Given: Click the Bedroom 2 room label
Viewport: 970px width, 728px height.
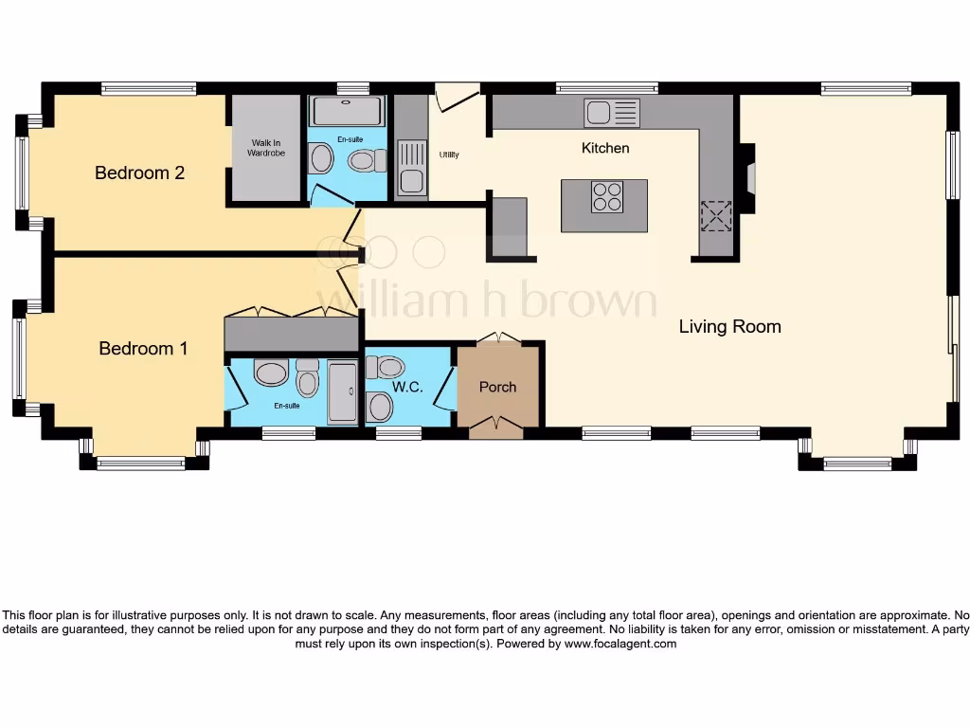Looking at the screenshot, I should [139, 173].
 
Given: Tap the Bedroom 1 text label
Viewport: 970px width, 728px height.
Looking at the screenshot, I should [143, 348].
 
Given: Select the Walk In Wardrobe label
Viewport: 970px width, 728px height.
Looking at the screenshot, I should [266, 147].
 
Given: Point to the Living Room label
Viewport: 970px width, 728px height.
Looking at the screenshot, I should [729, 326].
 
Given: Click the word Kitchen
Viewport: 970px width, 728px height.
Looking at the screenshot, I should [604, 148].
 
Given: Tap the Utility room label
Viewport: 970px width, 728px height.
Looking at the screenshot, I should [448, 155].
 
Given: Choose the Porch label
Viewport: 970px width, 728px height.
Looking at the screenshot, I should [497, 387].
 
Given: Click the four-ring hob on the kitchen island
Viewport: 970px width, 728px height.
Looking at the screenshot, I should [606, 196].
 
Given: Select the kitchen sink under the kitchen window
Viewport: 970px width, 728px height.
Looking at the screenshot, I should [611, 113].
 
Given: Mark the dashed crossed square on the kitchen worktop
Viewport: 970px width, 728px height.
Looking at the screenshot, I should [716, 216].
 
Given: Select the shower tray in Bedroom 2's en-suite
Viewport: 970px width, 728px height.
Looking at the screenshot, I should [347, 111].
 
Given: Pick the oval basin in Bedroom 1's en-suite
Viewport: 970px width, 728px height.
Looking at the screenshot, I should [271, 373].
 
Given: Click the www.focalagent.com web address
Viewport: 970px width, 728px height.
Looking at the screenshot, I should [620, 644].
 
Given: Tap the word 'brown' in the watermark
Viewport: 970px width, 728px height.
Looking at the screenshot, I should [587, 301].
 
